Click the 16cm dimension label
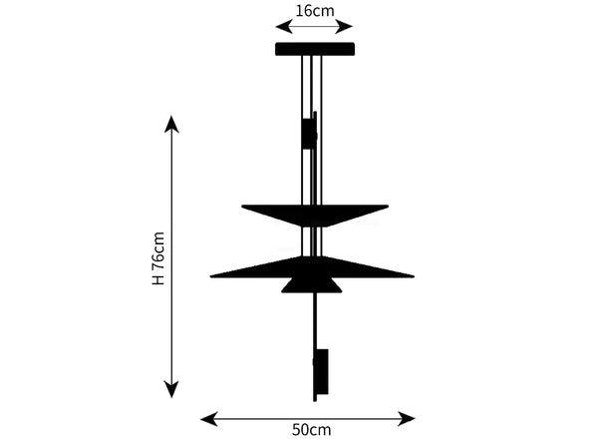coord(315,11)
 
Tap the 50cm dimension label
coord(311,430)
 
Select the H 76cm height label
coord(157,258)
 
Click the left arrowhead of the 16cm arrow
coord(284,27)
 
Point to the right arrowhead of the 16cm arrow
coord(344,27)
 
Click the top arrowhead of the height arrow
coord(171,124)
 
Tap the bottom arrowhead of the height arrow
coord(171,389)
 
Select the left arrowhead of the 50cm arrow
coord(209,419)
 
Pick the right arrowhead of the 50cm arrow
coord(407,419)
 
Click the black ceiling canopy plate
coord(315,49)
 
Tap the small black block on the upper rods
coord(309,134)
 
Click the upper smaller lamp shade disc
coord(315,216)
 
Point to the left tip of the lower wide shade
coord(211,275)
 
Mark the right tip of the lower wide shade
coord(414,275)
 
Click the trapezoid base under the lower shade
coord(312,285)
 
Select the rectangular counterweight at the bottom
coord(321,371)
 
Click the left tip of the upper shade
coord(242,207)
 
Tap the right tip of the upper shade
coord(388,207)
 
